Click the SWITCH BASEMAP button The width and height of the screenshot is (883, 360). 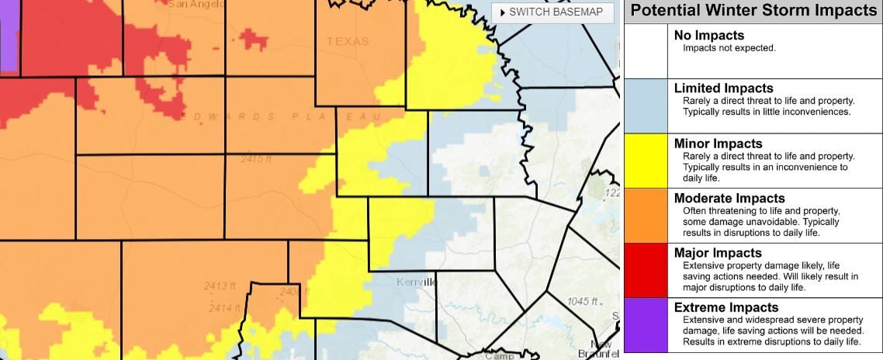tap(552, 12)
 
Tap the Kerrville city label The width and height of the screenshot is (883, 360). tap(416, 282)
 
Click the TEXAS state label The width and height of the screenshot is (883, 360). tap(348, 41)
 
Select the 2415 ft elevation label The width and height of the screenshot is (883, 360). tap(256, 159)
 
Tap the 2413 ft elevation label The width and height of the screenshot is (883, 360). tap(220, 286)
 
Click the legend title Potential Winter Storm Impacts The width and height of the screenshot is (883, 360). tap(753, 11)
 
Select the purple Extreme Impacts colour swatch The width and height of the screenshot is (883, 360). tap(646, 324)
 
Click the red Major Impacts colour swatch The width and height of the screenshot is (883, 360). tap(646, 270)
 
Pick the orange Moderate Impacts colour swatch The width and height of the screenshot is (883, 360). tap(646, 215)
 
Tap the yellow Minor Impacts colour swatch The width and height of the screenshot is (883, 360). tap(646, 161)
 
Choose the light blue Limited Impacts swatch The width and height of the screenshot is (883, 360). tap(646, 106)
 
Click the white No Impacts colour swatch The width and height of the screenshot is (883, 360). tap(646, 50)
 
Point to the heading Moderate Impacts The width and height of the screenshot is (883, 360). tap(729, 199)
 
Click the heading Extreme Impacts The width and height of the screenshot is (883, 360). tap(725, 308)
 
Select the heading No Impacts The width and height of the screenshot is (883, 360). tap(708, 35)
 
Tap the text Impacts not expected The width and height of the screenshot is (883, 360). tap(729, 48)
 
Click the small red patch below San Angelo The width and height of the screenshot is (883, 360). tap(253, 37)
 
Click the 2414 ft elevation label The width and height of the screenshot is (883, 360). tap(221, 308)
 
